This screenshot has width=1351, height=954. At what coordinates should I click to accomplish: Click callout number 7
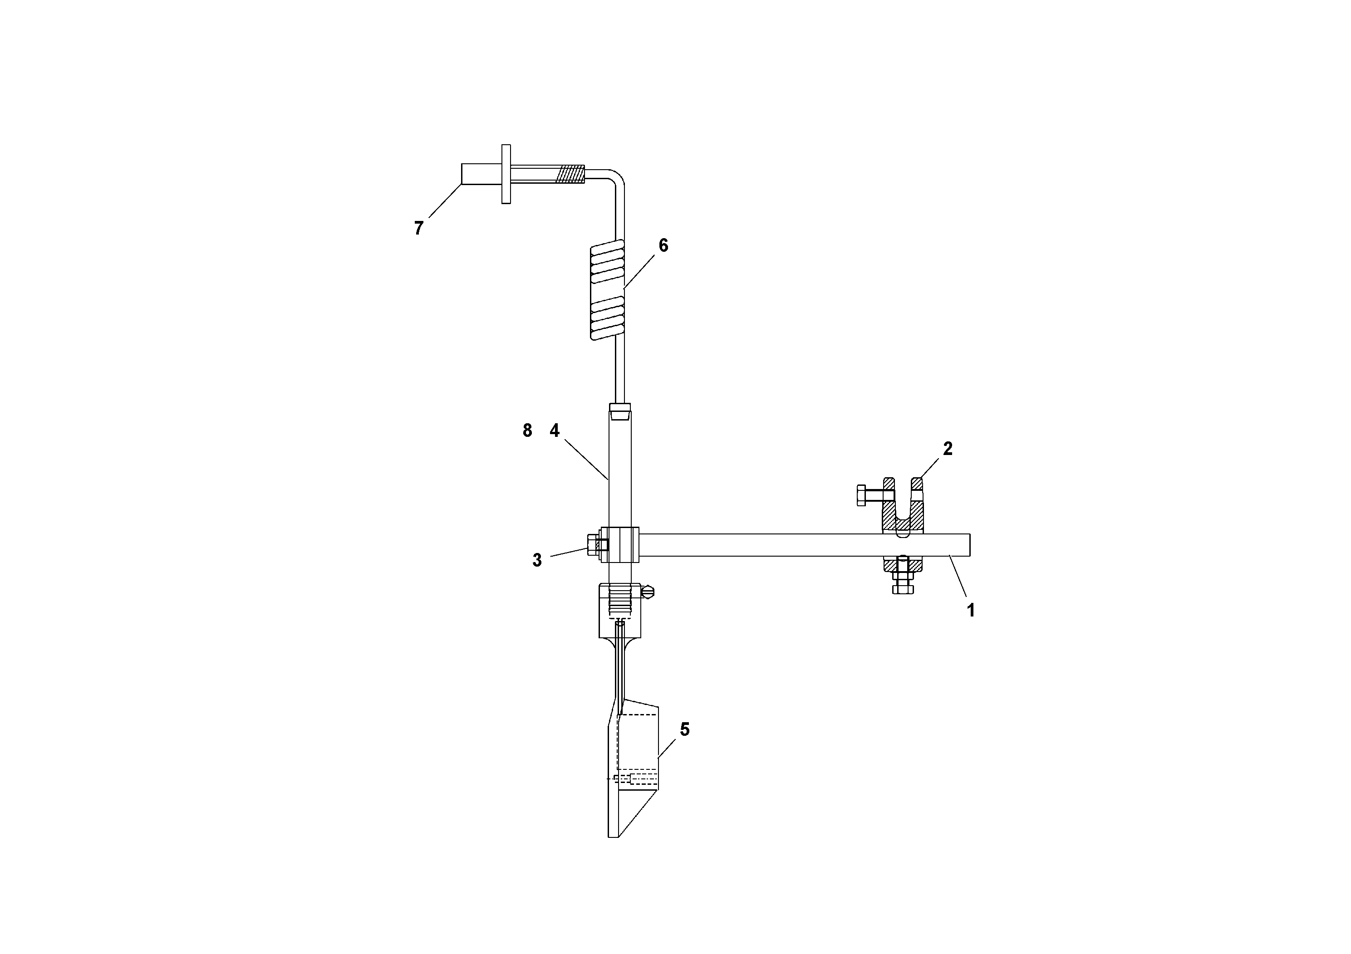(x=418, y=228)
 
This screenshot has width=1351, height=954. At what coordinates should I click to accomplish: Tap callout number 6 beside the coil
(x=663, y=245)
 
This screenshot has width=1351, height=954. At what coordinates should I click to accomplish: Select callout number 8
(x=527, y=431)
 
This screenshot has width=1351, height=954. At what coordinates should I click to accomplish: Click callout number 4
(x=554, y=431)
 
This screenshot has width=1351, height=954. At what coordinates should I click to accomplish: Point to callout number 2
(x=948, y=449)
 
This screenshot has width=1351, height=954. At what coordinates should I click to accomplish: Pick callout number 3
(x=537, y=560)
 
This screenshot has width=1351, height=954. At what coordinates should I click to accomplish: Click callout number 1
(x=971, y=611)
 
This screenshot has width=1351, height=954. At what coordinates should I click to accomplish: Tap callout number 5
(x=684, y=729)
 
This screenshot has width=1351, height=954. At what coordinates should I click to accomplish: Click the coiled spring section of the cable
(x=607, y=292)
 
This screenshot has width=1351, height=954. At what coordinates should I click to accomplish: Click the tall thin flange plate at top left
(x=506, y=174)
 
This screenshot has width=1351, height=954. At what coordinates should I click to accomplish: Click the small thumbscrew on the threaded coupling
(x=648, y=591)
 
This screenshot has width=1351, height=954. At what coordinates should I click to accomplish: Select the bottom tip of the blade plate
(x=613, y=834)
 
